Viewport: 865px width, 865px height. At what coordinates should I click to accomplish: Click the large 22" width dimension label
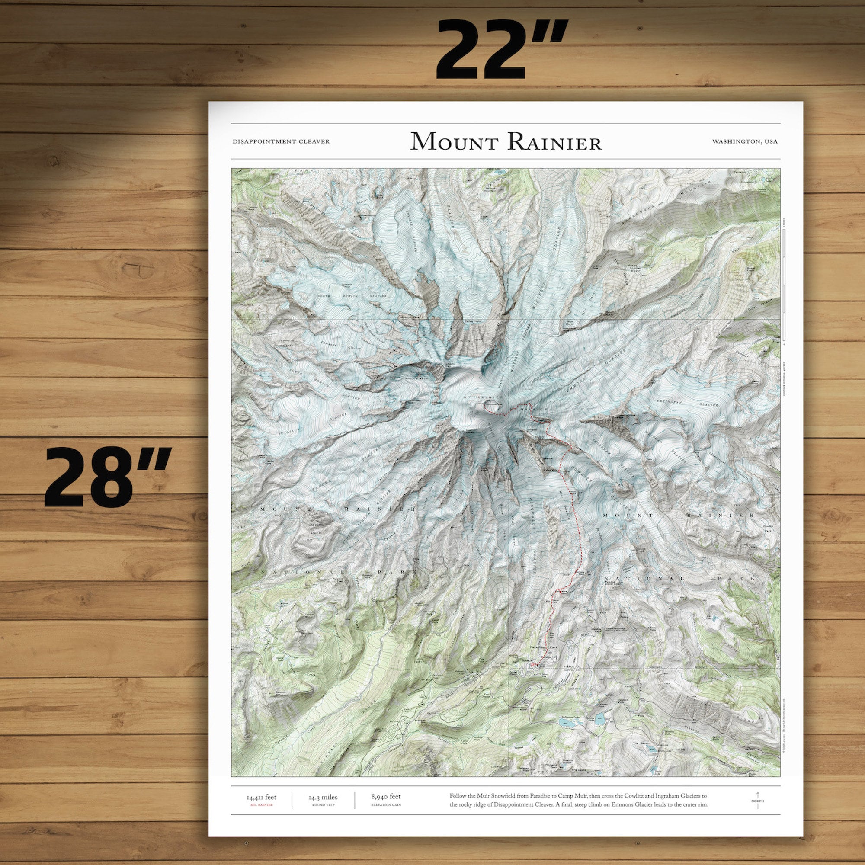click(502, 50)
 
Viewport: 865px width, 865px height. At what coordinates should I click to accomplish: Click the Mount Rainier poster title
click(506, 141)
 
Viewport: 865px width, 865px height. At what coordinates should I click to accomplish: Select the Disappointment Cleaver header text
click(281, 141)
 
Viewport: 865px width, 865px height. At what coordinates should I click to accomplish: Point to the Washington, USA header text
click(745, 141)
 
